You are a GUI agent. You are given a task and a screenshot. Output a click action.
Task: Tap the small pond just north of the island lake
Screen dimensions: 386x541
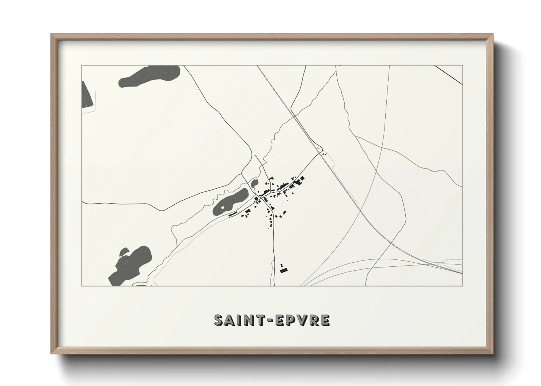[254, 182]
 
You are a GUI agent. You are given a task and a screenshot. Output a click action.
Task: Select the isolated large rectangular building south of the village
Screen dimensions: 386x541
[284, 270]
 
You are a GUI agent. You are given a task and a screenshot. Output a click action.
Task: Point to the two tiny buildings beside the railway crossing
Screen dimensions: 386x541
[324, 154]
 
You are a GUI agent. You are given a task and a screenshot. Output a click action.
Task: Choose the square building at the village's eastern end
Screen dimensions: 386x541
[302, 178]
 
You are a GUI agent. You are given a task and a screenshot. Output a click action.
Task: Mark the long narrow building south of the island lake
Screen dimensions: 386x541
[233, 214]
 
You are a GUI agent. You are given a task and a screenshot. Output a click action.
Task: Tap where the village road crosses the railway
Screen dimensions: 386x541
[319, 151]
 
